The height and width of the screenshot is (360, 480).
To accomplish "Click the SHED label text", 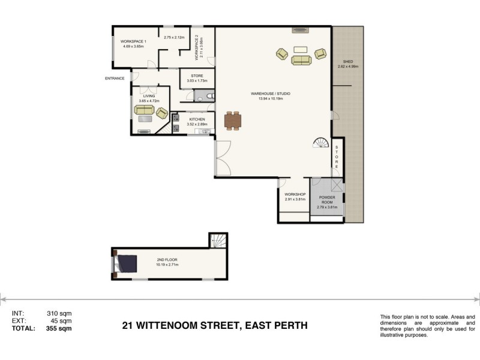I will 347,61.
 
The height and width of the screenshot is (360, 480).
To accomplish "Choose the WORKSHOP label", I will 295,195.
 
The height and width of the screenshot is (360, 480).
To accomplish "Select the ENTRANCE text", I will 115,79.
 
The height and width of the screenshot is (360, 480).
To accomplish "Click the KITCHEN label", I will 197,119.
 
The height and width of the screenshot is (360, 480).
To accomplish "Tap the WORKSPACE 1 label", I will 134,41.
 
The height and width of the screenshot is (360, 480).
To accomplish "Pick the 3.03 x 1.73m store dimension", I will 197,80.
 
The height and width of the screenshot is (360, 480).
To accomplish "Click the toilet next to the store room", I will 208,95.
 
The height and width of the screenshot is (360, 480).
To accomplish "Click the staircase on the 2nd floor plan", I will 217,241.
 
